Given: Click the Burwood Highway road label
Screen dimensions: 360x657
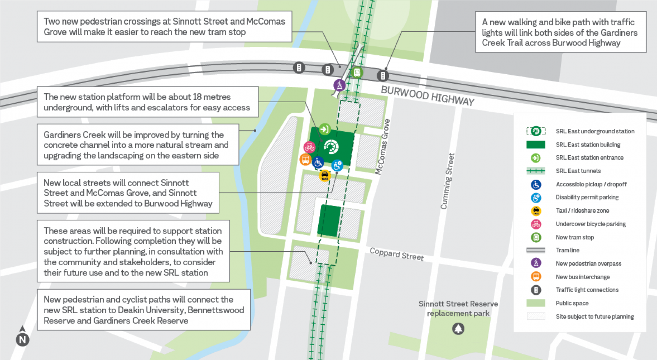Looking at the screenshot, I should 427,96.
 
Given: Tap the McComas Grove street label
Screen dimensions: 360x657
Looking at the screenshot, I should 382,147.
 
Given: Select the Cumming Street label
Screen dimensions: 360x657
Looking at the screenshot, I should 447,181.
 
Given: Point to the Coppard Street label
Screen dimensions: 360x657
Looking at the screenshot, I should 396,254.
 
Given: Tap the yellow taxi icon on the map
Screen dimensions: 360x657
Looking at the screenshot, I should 325,176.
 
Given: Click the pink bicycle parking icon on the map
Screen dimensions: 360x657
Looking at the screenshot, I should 309,147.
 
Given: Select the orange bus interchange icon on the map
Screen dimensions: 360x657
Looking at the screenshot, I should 305,159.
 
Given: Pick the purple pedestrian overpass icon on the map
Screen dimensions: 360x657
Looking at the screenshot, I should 339,85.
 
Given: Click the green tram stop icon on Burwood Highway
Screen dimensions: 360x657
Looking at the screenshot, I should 357,73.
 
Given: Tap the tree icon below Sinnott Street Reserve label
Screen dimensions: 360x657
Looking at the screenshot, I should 458,328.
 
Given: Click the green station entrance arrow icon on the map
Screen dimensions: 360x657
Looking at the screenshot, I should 324,129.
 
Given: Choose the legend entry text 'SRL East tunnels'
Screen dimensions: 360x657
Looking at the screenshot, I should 578,171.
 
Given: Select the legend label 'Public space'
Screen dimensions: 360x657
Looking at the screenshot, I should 572,303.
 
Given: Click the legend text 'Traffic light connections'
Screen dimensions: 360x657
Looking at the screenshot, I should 587,290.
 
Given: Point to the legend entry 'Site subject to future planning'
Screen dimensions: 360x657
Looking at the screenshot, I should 594,316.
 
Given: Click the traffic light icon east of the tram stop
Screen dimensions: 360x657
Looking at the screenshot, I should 383,76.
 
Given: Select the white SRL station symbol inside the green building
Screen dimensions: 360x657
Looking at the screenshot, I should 331,147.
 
